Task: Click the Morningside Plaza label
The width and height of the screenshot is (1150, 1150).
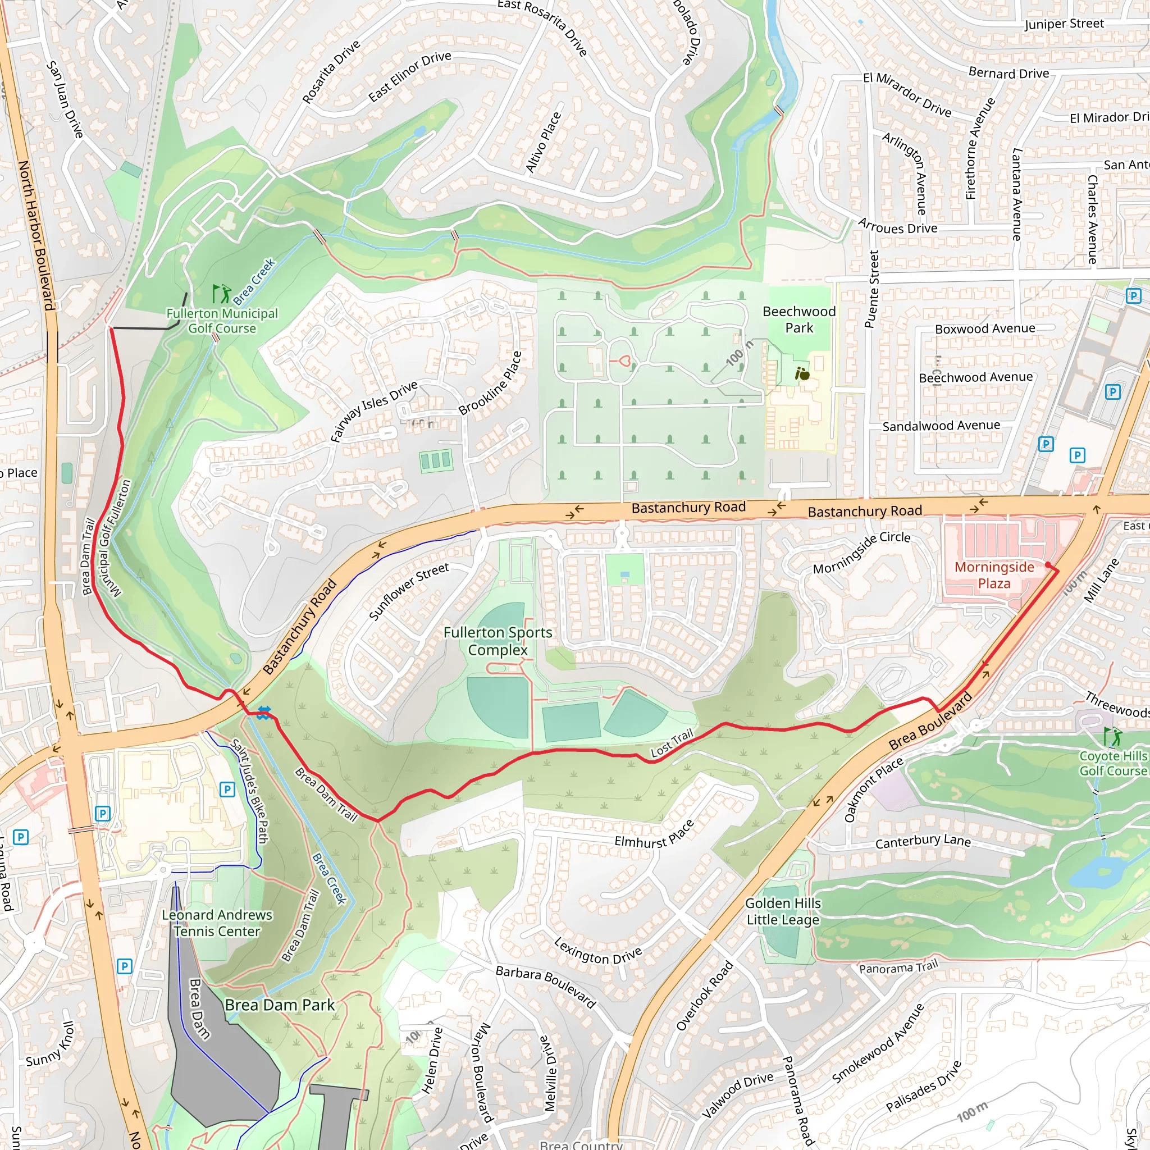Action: [994, 575]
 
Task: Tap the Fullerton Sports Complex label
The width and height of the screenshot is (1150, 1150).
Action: [498, 641]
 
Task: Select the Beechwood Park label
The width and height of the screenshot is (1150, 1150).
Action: [799, 320]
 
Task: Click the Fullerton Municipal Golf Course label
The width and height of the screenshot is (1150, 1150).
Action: [222, 321]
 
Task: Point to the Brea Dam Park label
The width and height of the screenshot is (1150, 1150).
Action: [280, 1005]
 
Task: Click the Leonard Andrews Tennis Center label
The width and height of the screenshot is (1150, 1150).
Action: [217, 923]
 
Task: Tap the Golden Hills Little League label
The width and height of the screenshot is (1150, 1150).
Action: [783, 911]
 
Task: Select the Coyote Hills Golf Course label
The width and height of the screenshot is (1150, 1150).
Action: [1112, 763]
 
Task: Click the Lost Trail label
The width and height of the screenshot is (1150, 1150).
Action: [672, 743]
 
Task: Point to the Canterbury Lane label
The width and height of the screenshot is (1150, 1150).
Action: [923, 841]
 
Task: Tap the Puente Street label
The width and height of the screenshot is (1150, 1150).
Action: [871, 289]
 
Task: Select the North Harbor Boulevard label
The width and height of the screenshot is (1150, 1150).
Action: [36, 235]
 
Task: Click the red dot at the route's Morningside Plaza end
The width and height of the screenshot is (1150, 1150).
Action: [1048, 565]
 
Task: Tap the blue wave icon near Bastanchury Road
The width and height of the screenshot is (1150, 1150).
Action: [264, 713]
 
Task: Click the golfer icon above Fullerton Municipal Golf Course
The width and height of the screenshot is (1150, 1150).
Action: [221, 294]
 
